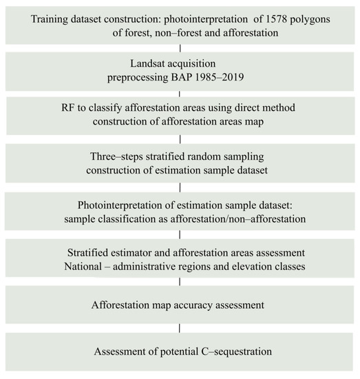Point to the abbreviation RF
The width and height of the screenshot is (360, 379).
click(70, 107)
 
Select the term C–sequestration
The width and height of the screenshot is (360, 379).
click(231, 351)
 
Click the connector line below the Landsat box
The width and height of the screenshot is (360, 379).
click(180, 92)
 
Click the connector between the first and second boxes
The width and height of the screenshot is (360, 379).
click(180, 47)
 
